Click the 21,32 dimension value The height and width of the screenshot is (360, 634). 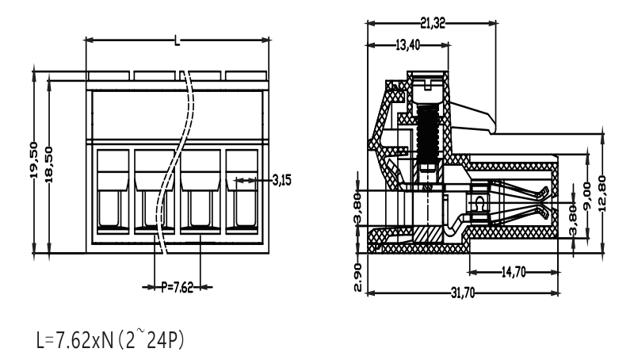click(432, 24)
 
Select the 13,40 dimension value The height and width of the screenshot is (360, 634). click(407, 45)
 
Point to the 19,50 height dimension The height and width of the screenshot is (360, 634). click(34, 159)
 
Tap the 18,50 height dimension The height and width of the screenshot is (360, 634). click(49, 164)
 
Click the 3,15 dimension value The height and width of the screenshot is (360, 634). click(282, 180)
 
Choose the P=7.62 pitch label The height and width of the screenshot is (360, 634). click(178, 288)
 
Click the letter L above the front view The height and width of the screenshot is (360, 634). click(177, 40)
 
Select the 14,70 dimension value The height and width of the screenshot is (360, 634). click(514, 273)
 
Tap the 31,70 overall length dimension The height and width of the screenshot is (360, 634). click(463, 293)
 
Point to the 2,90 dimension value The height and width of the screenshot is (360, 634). click(358, 277)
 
